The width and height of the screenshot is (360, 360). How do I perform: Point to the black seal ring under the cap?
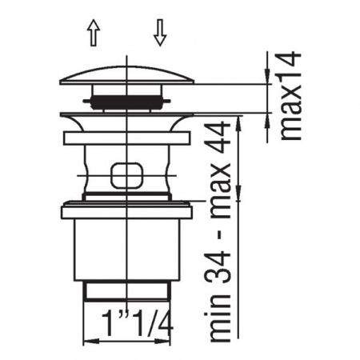pyautogui.click(x=129, y=102)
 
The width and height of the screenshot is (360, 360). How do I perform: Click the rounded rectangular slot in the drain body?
pyautogui.click(x=129, y=174)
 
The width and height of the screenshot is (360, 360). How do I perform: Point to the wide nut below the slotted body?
pyautogui.click(x=129, y=212)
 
